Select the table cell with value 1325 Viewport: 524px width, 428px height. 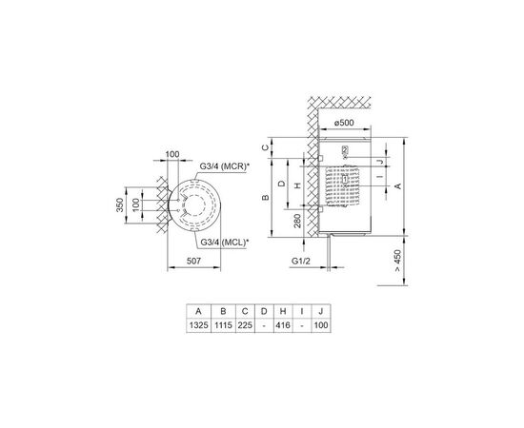pyautogui.click(x=197, y=326)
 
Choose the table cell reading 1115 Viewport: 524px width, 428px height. pyautogui.click(x=222, y=326)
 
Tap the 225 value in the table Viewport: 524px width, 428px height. pyautogui.click(x=246, y=326)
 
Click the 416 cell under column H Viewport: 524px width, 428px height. pyautogui.click(x=283, y=326)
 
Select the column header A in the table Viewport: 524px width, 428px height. pyautogui.click(x=197, y=311)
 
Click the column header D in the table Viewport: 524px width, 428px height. pyautogui.click(x=264, y=311)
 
